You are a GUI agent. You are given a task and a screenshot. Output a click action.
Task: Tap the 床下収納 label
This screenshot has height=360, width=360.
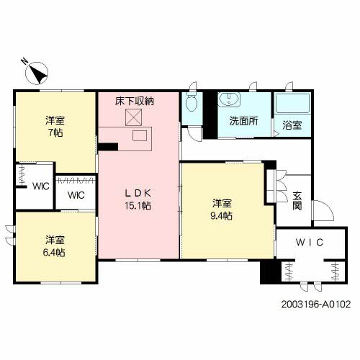[134, 102]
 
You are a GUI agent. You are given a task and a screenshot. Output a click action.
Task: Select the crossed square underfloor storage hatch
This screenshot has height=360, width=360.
[135, 118]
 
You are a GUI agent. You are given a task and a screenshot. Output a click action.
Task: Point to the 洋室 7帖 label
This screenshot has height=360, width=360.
[55, 127]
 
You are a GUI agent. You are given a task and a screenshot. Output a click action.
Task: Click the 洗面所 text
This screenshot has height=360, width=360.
[243, 121]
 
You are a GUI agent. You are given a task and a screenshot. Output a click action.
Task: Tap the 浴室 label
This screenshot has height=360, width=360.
[292, 125]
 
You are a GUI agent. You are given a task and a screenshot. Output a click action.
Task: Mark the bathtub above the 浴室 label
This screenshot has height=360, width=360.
[292, 104]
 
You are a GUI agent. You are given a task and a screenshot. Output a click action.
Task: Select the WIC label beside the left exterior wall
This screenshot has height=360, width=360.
[39, 186]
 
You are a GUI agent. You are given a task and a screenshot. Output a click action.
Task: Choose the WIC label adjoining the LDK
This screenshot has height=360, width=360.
[76, 194]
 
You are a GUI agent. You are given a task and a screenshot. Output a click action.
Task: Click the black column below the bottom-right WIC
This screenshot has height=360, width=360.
[269, 273]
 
